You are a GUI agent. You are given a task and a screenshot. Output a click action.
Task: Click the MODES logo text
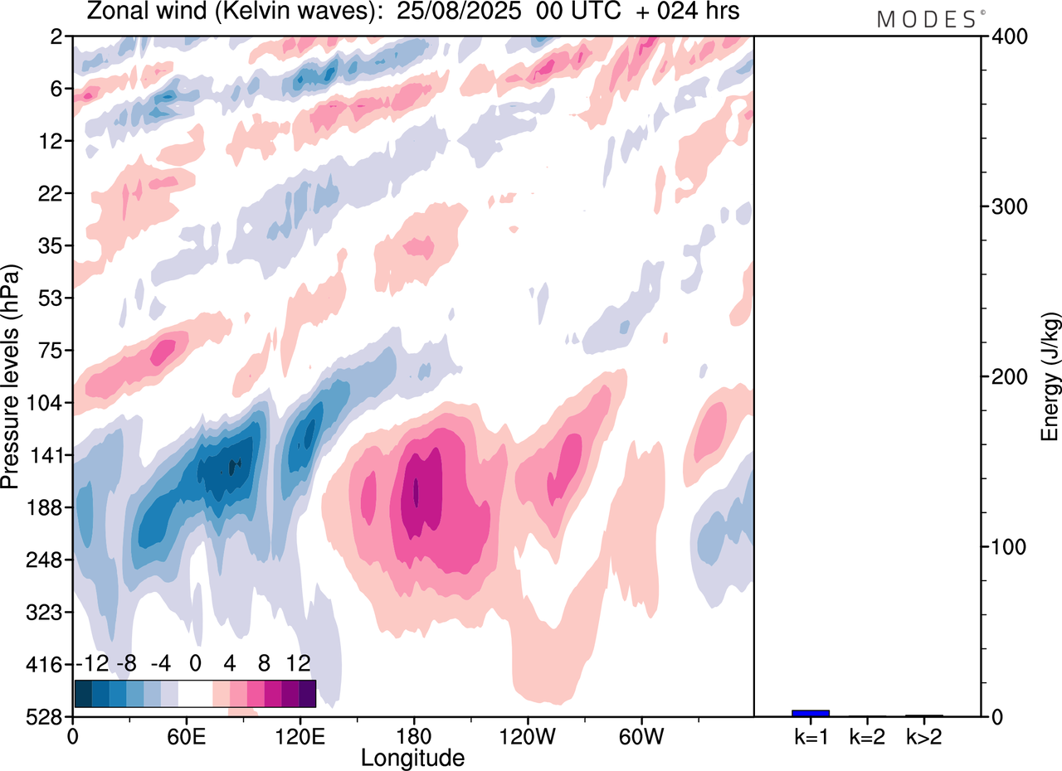point(927,19)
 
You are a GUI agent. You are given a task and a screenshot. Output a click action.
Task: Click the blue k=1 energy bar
point(811,713)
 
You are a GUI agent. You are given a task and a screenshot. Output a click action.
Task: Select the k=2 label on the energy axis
point(866,736)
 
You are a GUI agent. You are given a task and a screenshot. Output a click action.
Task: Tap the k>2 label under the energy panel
point(923,736)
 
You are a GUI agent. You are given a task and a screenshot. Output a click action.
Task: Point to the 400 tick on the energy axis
point(1007,36)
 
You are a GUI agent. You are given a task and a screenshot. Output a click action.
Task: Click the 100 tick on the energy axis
point(1007,547)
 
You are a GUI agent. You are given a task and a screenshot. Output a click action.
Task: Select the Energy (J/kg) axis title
point(1050,376)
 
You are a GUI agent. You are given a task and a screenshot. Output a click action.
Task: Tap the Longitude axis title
point(412,758)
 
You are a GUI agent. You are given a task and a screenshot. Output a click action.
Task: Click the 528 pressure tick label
point(49,716)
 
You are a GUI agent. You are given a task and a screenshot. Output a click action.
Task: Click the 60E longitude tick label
point(186,736)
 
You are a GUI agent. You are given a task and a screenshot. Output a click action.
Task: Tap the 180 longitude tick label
point(413,736)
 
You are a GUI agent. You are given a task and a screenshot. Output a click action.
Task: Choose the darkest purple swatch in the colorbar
point(307,693)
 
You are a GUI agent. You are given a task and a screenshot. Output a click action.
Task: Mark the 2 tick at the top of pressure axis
point(57,36)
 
